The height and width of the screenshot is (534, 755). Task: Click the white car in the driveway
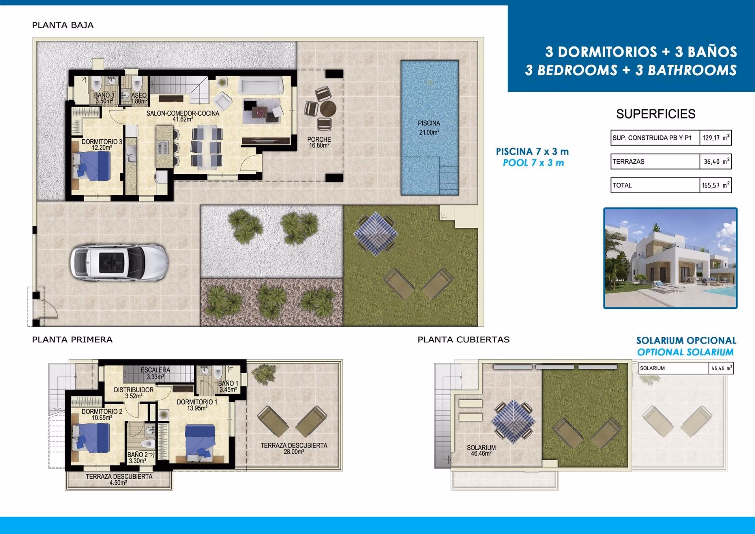tap(120, 262)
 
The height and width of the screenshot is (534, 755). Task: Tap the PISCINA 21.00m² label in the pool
tap(429, 128)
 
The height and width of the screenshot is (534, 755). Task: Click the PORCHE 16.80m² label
tap(319, 142)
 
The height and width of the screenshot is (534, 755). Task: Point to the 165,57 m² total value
tap(715, 185)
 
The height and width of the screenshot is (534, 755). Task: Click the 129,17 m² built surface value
tap(715, 138)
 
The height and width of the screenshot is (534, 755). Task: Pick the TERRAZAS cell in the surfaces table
tap(655, 161)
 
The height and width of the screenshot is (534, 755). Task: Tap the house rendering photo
tap(670, 258)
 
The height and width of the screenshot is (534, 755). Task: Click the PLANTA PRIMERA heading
tap(72, 340)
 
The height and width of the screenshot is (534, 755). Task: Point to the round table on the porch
tap(328, 108)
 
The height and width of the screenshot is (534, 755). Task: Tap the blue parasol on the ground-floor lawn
tap(376, 234)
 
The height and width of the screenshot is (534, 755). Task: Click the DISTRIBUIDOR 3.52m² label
tap(134, 393)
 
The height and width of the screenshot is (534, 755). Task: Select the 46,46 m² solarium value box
tap(721, 368)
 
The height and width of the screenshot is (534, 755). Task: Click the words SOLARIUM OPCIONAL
tap(686, 340)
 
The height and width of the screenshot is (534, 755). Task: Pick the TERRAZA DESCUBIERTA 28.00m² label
tap(294, 448)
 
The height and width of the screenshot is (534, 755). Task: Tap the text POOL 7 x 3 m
tap(533, 163)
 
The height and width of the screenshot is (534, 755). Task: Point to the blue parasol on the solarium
tap(513, 422)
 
